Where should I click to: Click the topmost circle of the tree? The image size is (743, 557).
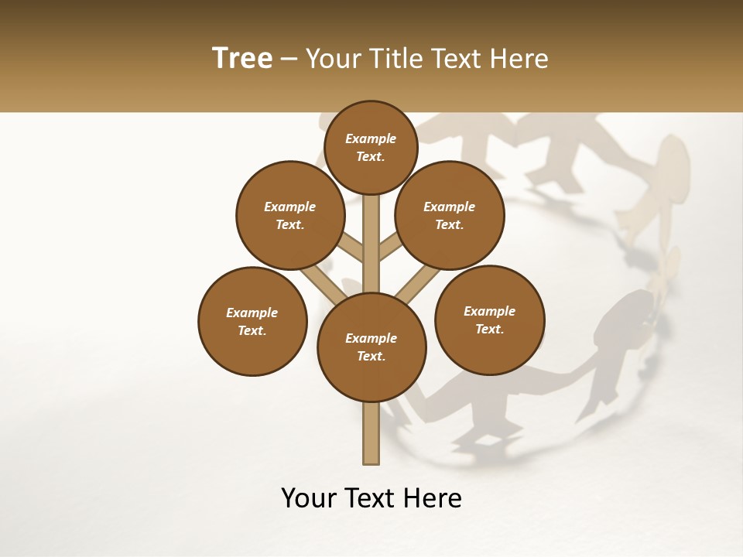371,147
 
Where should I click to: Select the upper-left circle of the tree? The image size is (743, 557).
290,215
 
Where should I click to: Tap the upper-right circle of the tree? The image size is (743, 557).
450,215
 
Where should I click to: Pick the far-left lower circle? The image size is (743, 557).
252,321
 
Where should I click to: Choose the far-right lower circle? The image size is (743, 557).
489,320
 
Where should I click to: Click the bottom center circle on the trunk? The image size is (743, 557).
371,347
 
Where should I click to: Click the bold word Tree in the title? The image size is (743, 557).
242,58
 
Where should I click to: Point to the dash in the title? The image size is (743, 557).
288,59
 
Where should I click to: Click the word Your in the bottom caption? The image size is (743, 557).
309,499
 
